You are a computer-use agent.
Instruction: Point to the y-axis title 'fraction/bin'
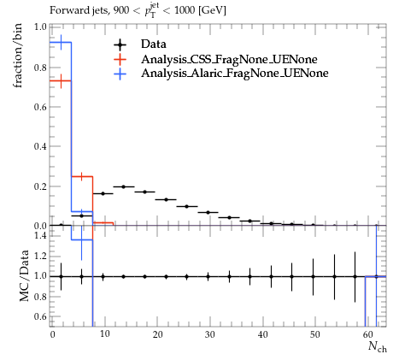pyautogui.click(x=18, y=56)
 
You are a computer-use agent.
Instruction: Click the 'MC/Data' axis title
pyautogui.click(x=25, y=275)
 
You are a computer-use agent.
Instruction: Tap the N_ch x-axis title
pyautogui.click(x=378, y=346)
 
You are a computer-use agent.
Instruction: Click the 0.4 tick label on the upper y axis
pyautogui.click(x=40, y=146)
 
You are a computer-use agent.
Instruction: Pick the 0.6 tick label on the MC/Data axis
pyautogui.click(x=40, y=316)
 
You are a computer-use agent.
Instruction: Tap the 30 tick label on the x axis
pyautogui.click(x=210, y=334)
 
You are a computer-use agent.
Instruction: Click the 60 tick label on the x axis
pyautogui.click(x=368, y=334)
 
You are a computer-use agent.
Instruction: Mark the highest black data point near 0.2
pyautogui.click(x=124, y=186)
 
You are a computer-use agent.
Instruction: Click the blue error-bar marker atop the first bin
pyautogui.click(x=61, y=42)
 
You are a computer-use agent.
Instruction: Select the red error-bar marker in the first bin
pyautogui.click(x=61, y=81)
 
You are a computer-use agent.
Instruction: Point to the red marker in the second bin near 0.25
pyautogui.click(x=82, y=177)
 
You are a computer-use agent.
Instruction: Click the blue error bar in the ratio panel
pyautogui.click(x=82, y=243)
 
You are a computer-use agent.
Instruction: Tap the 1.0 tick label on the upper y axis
pyautogui.click(x=40, y=27)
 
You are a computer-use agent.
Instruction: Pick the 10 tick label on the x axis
pyautogui.click(x=105, y=334)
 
